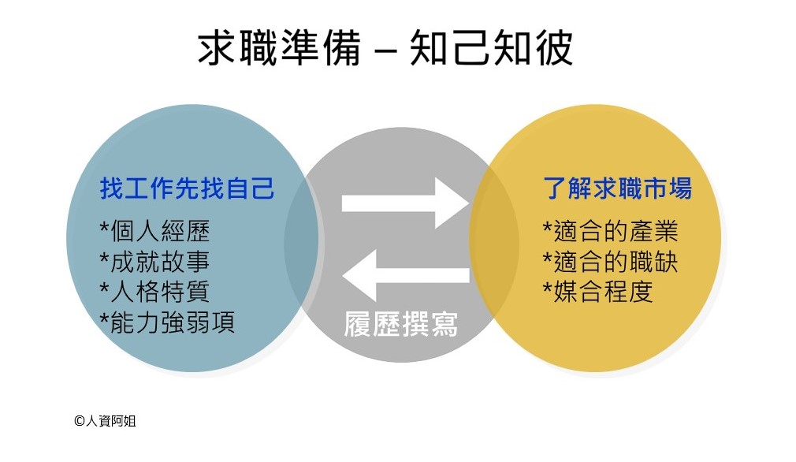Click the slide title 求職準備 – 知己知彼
[x=384, y=49]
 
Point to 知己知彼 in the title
[x=491, y=49]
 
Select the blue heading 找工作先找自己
[x=187, y=189]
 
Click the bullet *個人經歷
[x=154, y=233]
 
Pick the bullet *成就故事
[x=154, y=262]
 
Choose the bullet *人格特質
[x=154, y=292]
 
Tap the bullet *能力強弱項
[x=167, y=322]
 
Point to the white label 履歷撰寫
[x=401, y=324]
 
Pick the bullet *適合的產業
[x=611, y=232]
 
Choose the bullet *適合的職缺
[x=611, y=261]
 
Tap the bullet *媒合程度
[x=598, y=291]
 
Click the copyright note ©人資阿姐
[x=105, y=421]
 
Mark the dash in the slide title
[x=386, y=51]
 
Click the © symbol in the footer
[x=79, y=421]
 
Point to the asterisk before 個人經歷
[x=105, y=229]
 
